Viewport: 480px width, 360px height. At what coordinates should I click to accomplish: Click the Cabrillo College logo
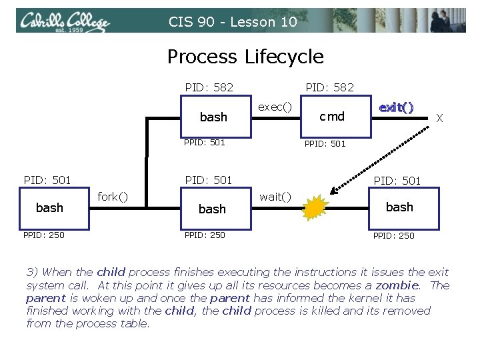64,21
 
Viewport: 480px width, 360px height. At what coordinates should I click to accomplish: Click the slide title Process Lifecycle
245,57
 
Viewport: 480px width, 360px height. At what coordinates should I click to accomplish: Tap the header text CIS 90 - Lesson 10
232,22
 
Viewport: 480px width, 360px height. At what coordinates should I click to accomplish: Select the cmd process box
331,117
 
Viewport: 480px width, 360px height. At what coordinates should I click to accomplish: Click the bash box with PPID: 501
213,117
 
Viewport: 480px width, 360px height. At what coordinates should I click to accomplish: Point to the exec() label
274,106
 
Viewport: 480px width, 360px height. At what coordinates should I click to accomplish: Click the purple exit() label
396,107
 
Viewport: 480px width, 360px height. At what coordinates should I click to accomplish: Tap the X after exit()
439,118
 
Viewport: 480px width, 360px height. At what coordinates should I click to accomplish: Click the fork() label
113,197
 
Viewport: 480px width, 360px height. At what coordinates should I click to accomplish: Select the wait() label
275,196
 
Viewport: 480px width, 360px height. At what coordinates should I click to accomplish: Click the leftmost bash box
50,208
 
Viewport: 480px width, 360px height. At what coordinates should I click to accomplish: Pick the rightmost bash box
399,207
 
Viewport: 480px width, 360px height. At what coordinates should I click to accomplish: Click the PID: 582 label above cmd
329,87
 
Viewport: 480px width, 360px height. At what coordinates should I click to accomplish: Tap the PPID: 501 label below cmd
325,143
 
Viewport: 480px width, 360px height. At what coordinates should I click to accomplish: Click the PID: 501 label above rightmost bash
397,181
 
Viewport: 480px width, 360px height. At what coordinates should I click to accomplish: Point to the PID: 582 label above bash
209,87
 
